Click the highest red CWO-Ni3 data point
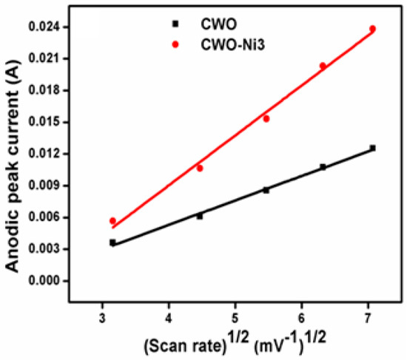[x=372, y=29]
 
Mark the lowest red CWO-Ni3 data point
[x=112, y=221]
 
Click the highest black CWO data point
[x=372, y=148]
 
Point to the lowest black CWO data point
[x=112, y=242]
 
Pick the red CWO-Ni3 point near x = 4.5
[x=200, y=168]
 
